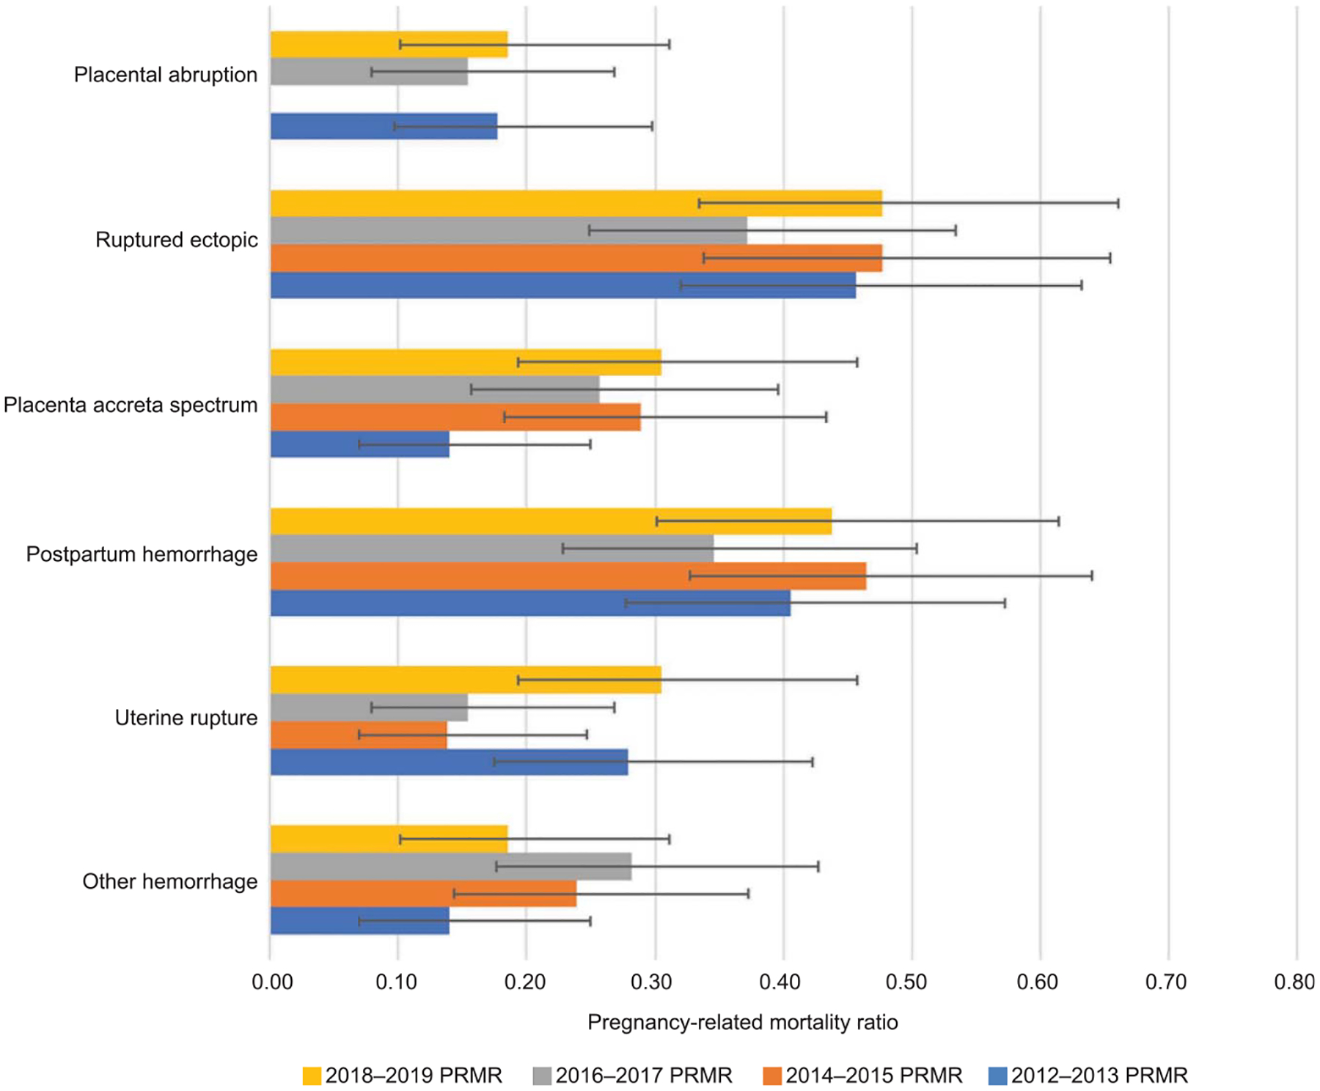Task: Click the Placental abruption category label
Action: coord(166,75)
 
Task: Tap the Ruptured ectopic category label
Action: coord(177,240)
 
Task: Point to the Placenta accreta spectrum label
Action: coord(131,405)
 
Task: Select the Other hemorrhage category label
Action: coord(169,881)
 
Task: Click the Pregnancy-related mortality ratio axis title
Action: coord(742,1022)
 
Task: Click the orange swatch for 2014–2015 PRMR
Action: coord(772,1076)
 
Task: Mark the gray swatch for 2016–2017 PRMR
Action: coord(542,1076)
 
